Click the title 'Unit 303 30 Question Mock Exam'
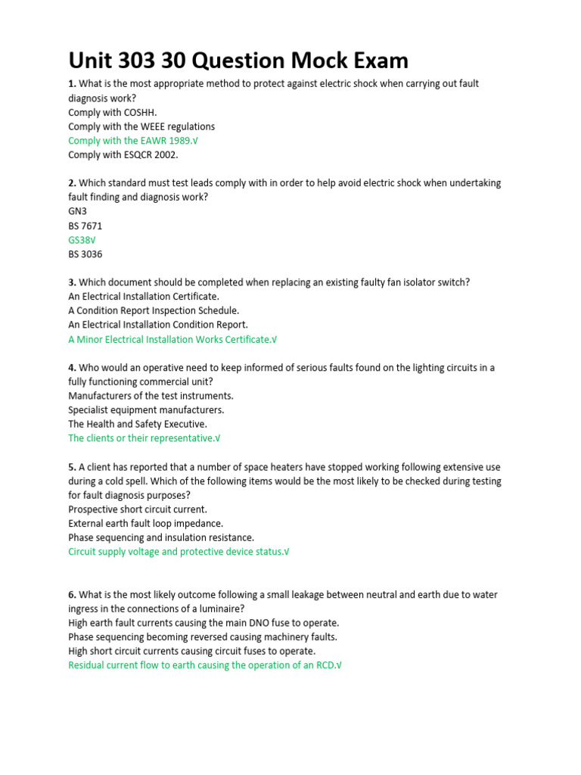pyautogui.click(x=238, y=60)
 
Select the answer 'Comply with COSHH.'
pyautogui.click(x=113, y=112)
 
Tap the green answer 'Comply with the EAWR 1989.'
pyautogui.click(x=133, y=141)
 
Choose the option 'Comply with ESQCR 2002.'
pyautogui.click(x=123, y=155)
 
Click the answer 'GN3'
pyautogui.click(x=78, y=211)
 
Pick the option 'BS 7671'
pyautogui.click(x=85, y=226)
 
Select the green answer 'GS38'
pyautogui.click(x=82, y=240)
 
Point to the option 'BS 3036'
pyautogui.click(x=85, y=254)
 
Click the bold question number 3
pyautogui.click(x=72, y=282)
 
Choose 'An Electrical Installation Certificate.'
pyautogui.click(x=144, y=297)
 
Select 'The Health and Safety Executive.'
pyautogui.click(x=138, y=424)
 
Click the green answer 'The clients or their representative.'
pyautogui.click(x=144, y=438)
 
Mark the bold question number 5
pyautogui.click(x=72, y=467)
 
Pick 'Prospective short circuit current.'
pyautogui.click(x=138, y=509)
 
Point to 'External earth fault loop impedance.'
pyautogui.click(x=145, y=523)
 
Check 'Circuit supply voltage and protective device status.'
pyautogui.click(x=179, y=552)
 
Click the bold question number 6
pyautogui.click(x=72, y=595)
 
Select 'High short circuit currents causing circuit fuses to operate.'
pyautogui.click(x=192, y=651)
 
